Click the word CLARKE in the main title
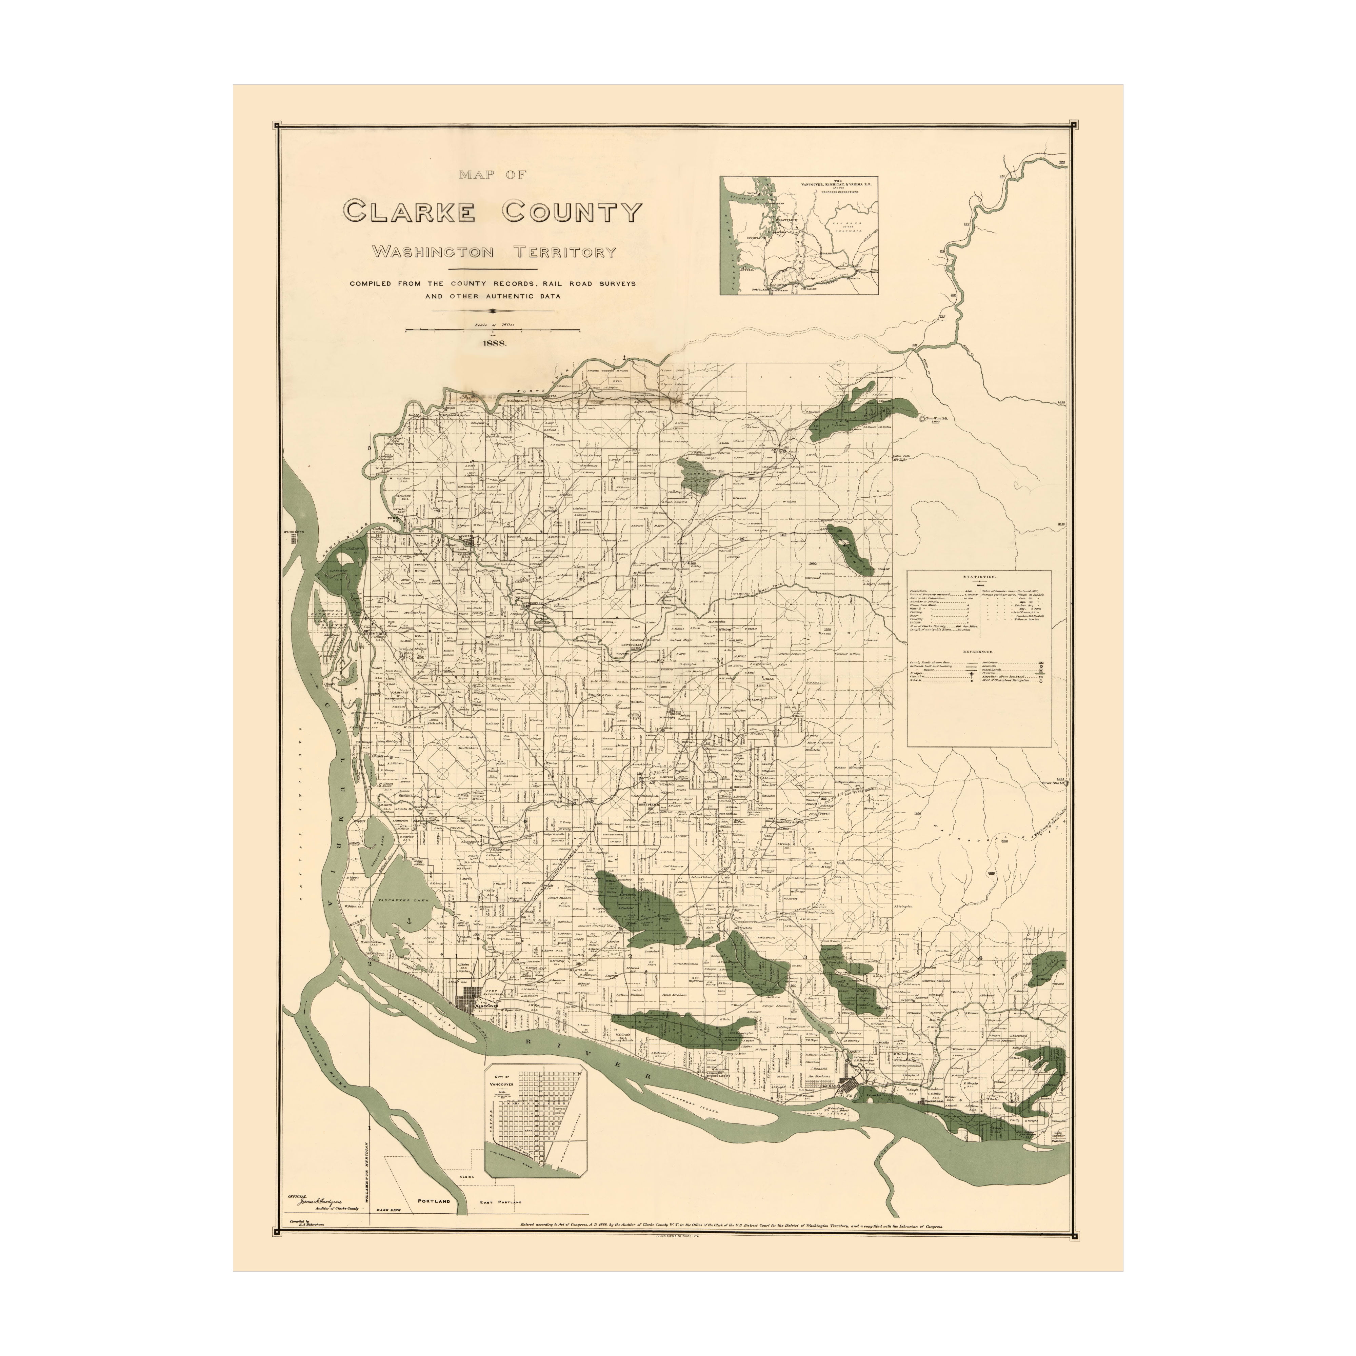414,211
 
